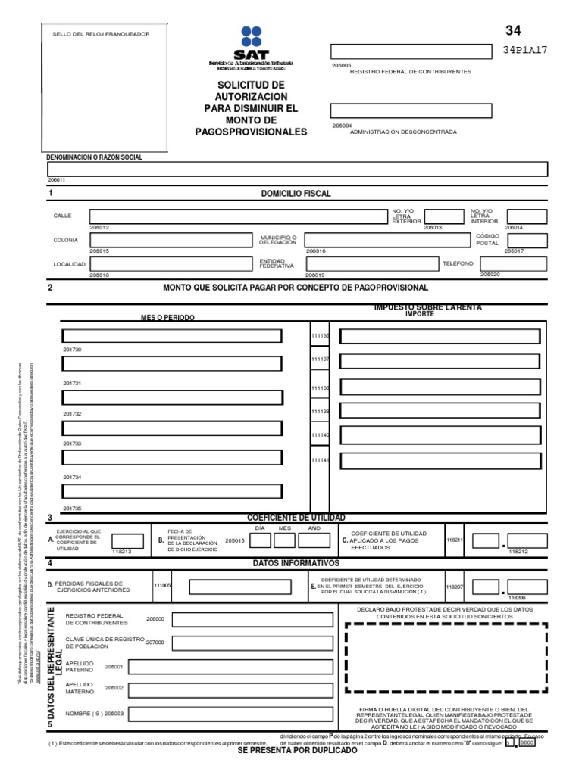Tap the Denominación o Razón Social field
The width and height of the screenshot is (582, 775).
(x=297, y=170)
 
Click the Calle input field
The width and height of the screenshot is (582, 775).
(x=236, y=217)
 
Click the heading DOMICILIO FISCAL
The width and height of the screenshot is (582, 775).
(x=296, y=194)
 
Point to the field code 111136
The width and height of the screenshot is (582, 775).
(x=320, y=335)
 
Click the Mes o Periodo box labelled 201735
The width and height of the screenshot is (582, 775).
(x=172, y=491)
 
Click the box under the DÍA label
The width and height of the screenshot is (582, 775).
(x=259, y=540)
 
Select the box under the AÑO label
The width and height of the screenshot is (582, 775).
(x=314, y=540)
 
